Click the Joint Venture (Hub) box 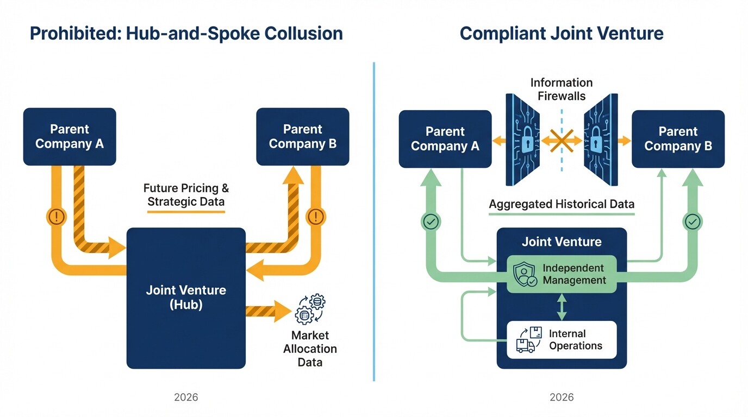pos(186,298)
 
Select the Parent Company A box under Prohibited pos(70,137)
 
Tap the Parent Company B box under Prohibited pos(302,137)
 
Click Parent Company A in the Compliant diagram pos(445,139)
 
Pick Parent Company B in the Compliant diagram pos(678,139)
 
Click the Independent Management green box pos(562,274)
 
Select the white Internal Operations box pos(562,340)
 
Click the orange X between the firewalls pos(562,141)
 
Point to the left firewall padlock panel pos(525,140)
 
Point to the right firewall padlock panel pos(599,140)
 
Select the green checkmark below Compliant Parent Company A pos(432,222)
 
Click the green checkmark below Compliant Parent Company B pos(693,222)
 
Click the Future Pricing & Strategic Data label pos(186,195)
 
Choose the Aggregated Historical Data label pos(562,205)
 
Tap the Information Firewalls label pos(562,90)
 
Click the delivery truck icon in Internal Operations pos(525,345)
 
